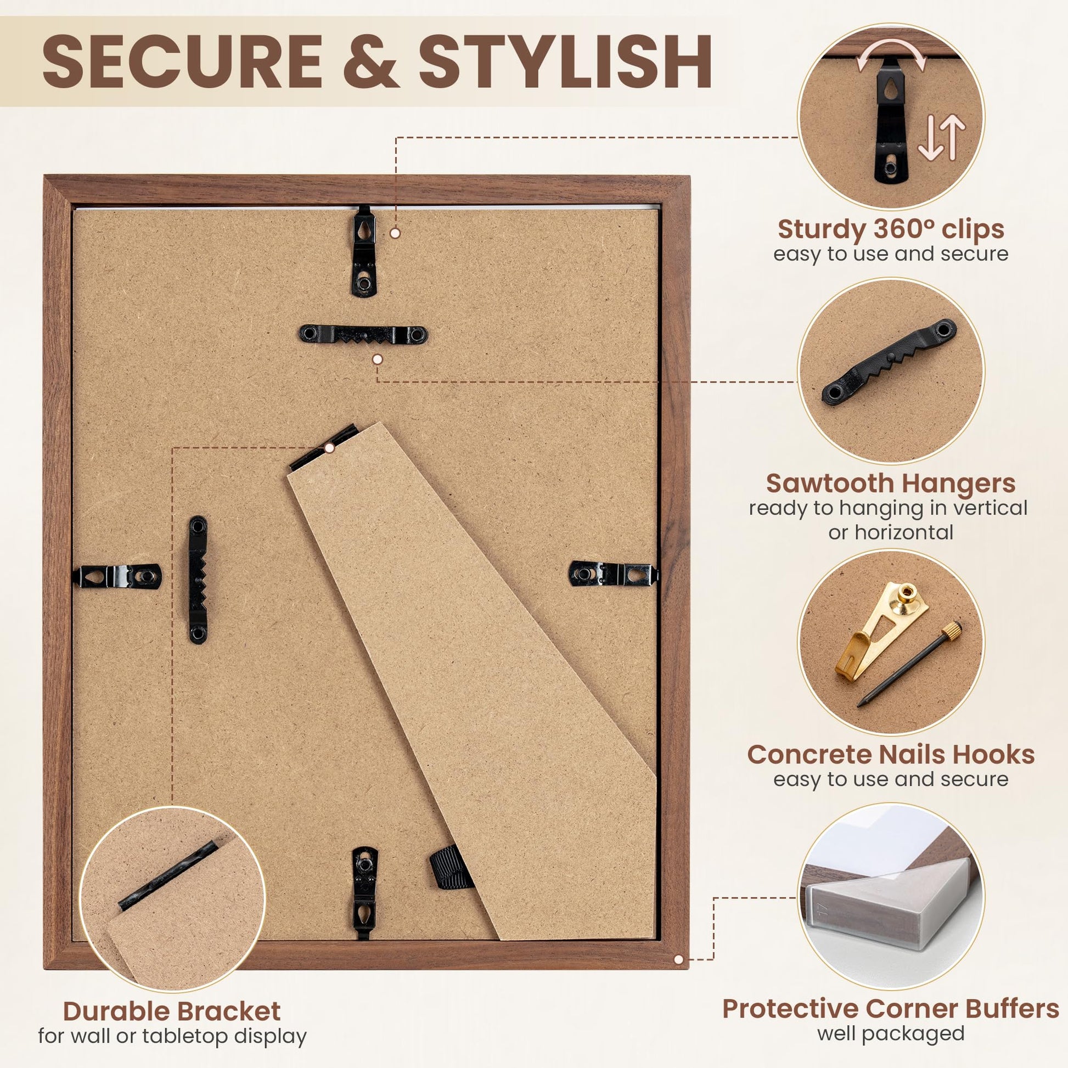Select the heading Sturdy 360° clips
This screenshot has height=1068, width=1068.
coord(891,229)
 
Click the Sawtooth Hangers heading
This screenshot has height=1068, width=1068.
coord(891,483)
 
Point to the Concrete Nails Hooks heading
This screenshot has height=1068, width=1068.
coord(891,755)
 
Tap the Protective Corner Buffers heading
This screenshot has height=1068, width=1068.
coord(891,1009)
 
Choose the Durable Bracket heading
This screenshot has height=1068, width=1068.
coord(171,1011)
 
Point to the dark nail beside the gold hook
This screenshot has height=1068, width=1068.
coord(908,664)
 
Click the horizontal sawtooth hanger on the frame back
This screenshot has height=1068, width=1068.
coord(363,334)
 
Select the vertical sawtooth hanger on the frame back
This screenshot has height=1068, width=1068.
coord(198,580)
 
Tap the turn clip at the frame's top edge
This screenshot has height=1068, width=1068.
coord(364,251)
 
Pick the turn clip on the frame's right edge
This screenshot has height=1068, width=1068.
coord(614,574)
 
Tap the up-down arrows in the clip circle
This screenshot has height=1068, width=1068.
coord(941,139)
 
